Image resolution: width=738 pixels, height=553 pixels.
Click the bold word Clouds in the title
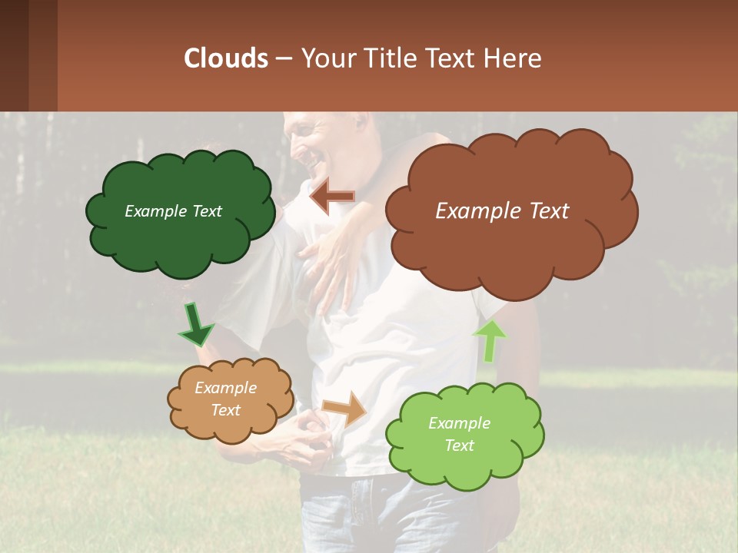click(x=225, y=58)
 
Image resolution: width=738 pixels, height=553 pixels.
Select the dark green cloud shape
click(x=180, y=230)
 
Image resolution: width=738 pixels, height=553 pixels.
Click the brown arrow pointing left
click(x=332, y=197)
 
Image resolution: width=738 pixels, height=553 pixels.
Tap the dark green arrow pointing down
click(x=196, y=326)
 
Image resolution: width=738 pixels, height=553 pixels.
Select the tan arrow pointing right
click(x=345, y=408)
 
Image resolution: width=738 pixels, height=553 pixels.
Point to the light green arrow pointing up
click(x=490, y=339)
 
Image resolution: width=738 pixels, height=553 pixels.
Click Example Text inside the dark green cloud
click(x=173, y=211)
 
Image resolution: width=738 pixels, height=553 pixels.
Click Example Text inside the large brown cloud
click(x=502, y=211)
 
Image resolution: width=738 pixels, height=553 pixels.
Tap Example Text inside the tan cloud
click(x=226, y=399)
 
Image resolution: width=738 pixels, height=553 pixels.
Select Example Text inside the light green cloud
click(x=459, y=434)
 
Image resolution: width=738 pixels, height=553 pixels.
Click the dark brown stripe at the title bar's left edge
click(x=14, y=55)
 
